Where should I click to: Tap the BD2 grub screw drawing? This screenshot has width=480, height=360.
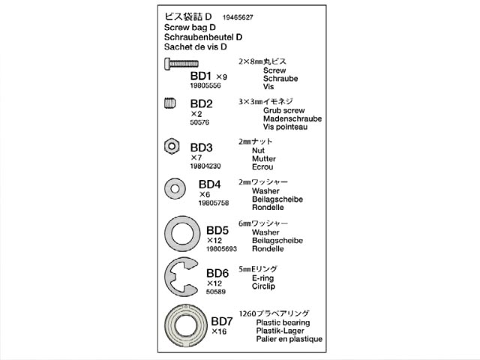pyautogui.click(x=170, y=103)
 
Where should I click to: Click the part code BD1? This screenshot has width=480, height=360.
pyautogui.click(x=201, y=76)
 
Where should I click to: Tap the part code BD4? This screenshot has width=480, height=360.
pyautogui.click(x=209, y=184)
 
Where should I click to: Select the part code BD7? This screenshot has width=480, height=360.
pyautogui.click(x=223, y=320)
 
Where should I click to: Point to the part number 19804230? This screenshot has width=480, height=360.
pyautogui.click(x=207, y=167)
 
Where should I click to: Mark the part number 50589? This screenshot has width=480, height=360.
pyautogui.click(x=217, y=293)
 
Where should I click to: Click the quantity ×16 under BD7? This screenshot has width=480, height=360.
pyautogui.click(x=219, y=331)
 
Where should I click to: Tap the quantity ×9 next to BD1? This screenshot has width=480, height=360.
pyautogui.click(x=221, y=77)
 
